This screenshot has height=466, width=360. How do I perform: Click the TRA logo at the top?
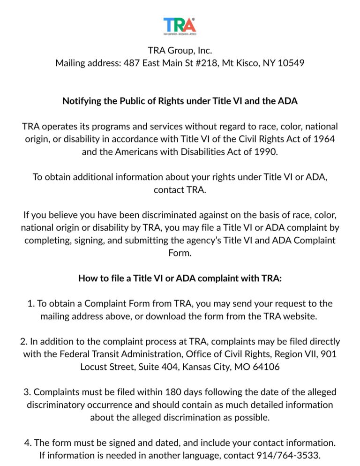(180, 26)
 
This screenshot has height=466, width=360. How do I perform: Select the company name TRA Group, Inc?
(180, 51)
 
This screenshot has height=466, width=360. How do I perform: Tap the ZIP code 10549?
(291, 63)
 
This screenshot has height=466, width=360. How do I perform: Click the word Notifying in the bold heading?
(81, 101)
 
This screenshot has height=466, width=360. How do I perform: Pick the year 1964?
(324, 139)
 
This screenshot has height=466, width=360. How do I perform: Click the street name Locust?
(94, 367)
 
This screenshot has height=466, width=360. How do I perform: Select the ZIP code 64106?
(266, 367)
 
